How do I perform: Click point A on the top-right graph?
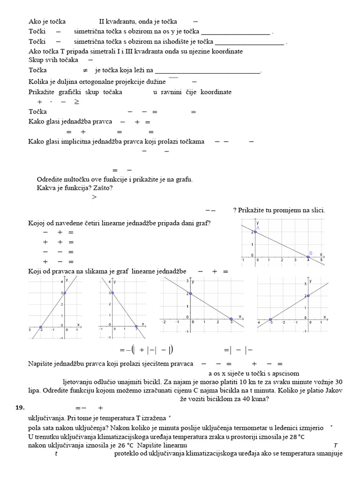click(255, 232)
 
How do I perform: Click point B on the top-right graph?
click(308, 257)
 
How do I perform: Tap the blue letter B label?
click(310, 253)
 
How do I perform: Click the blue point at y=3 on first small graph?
click(65, 293)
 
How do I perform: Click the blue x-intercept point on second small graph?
click(136, 326)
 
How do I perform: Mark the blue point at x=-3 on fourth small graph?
click(270, 319)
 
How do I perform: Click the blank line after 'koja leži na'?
click(207, 71)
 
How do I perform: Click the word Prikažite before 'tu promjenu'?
click(253, 210)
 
